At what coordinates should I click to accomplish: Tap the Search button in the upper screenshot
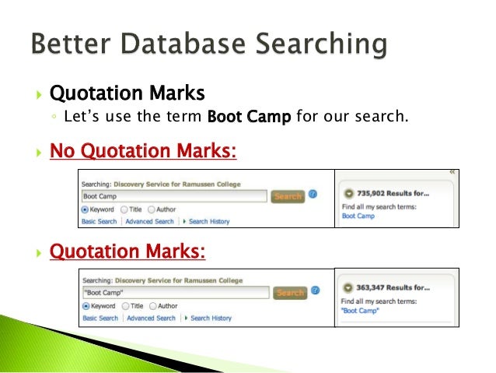coord(288,196)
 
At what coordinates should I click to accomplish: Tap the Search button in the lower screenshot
coord(290,293)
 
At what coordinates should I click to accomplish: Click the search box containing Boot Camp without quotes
coord(174,196)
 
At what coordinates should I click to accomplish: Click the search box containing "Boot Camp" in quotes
coord(175,293)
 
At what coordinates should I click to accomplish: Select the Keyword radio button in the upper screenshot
coord(86,209)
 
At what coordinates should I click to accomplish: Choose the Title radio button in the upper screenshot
coord(125,209)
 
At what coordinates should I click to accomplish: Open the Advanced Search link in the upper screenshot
coord(150,222)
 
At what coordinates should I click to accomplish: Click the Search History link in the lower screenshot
coord(211,318)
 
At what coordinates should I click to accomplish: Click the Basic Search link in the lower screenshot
coord(100,318)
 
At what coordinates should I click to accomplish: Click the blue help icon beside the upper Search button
coord(313,194)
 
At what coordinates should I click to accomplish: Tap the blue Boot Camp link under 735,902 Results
coord(359,216)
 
